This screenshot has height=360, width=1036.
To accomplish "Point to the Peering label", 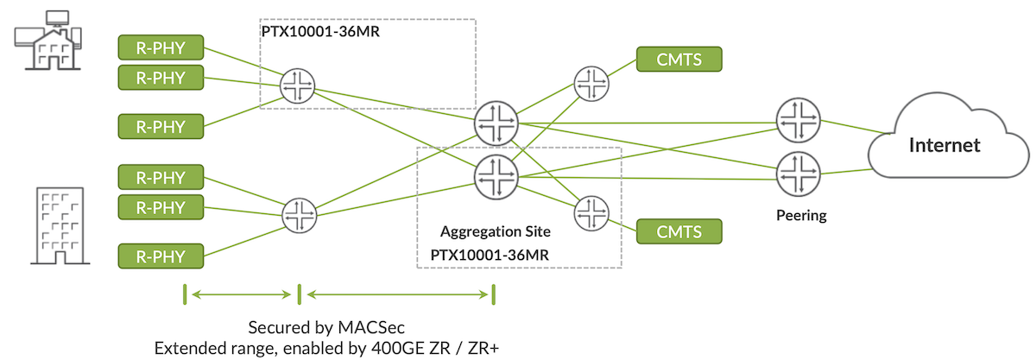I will (800, 215).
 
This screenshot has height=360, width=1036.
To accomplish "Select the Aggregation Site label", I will (495, 231).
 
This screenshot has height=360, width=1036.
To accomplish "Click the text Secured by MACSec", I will (326, 328).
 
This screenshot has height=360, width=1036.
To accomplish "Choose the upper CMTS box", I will (679, 59).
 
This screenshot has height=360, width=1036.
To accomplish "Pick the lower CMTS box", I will (679, 231).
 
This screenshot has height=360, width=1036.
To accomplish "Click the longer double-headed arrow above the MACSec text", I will (397, 294).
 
